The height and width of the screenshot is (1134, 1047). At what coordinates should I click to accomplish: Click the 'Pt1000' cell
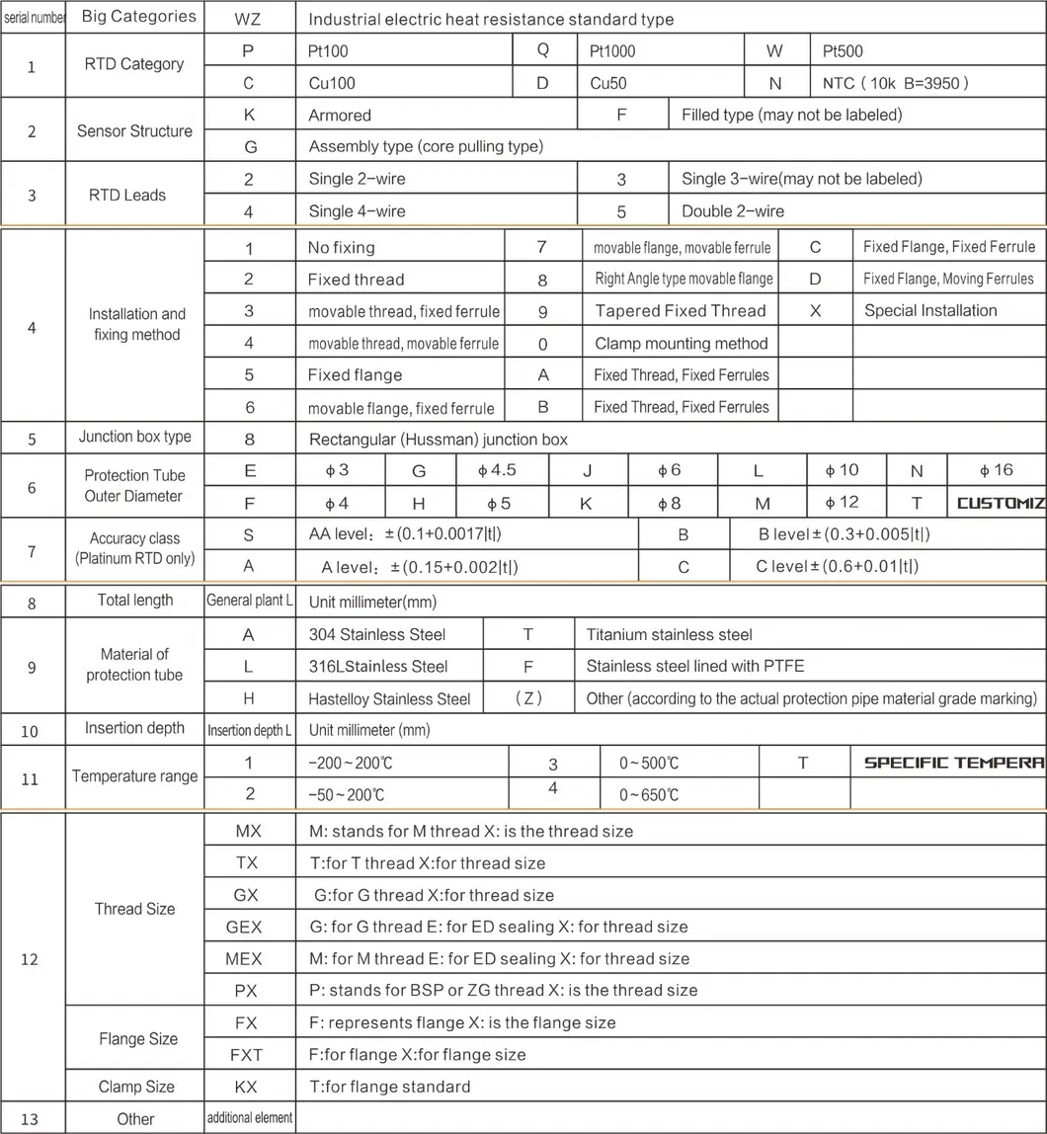click(x=612, y=50)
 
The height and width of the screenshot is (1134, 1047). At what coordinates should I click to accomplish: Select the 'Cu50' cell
click(x=607, y=83)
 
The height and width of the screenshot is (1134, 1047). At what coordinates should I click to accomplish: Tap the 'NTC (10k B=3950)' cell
click(x=895, y=83)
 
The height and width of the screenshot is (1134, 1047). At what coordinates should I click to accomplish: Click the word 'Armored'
click(x=340, y=116)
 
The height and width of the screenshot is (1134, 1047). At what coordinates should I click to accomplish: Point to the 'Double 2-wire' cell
click(x=733, y=211)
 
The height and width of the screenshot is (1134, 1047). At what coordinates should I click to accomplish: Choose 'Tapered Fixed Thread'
click(x=681, y=311)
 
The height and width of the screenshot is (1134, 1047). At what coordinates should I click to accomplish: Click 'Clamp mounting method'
click(x=681, y=344)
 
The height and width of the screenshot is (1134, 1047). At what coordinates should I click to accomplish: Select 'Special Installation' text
click(x=930, y=311)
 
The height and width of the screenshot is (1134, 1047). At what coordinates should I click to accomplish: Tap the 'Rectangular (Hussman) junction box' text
click(x=439, y=440)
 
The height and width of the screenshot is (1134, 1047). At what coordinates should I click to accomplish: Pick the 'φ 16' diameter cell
click(x=996, y=470)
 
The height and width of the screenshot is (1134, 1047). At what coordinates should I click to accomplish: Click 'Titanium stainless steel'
click(x=669, y=634)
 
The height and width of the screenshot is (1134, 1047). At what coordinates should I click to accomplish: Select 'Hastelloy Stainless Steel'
click(x=389, y=698)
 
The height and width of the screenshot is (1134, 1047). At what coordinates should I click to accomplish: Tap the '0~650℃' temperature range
click(x=649, y=794)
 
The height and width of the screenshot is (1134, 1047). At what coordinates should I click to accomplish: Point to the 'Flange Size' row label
click(x=138, y=1038)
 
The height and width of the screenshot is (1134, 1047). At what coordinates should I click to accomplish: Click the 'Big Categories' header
click(x=138, y=17)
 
